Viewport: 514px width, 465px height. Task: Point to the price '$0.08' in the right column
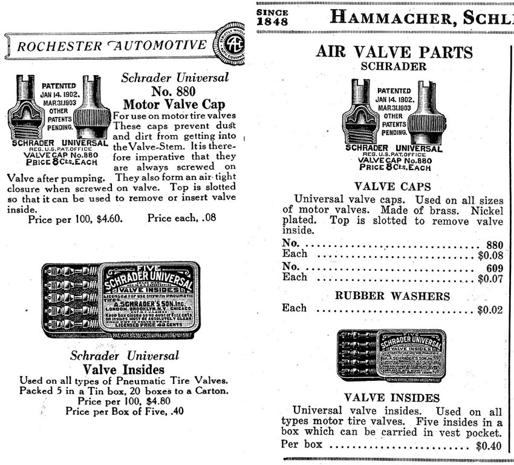490,255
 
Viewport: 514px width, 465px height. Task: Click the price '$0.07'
490,279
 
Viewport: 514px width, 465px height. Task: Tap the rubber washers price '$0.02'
490,311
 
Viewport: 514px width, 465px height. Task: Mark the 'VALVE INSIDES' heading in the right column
392,398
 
